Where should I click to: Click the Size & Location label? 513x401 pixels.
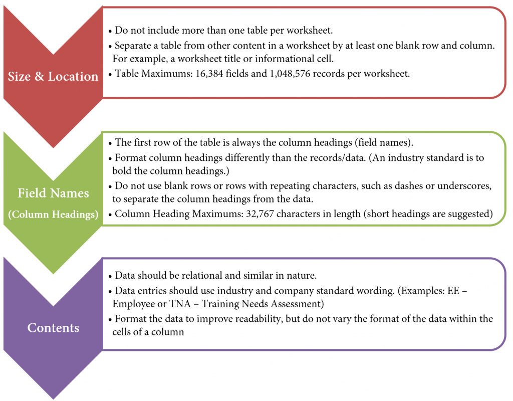point(53,76)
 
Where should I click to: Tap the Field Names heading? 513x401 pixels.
point(53,193)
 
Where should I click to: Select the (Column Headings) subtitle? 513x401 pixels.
point(53,215)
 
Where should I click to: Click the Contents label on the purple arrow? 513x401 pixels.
point(53,328)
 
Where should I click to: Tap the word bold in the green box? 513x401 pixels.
point(122,170)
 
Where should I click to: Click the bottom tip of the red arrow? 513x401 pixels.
point(53,147)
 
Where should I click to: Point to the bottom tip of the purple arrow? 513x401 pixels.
point(53,398)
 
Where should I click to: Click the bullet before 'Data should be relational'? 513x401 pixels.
point(110,276)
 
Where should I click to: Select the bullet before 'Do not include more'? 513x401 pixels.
point(110,31)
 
